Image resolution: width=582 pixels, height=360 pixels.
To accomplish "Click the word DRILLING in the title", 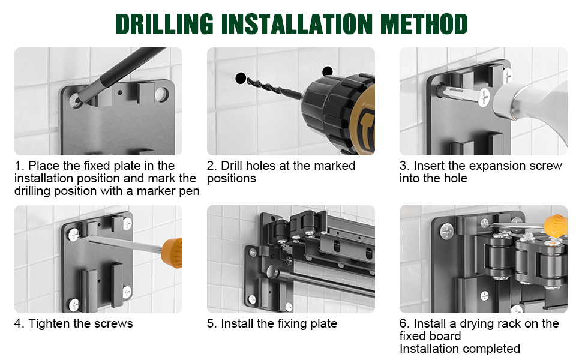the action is pos(164,24).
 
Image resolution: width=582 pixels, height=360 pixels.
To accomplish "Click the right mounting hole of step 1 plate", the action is pos(161,94).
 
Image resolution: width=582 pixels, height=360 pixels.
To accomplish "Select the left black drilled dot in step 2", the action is pos(241,78).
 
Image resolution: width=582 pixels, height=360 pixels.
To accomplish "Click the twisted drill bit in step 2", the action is pos(275,88).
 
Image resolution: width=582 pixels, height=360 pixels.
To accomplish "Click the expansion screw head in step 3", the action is pos(484,98).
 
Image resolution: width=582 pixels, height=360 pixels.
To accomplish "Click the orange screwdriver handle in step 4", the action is pos(173,253).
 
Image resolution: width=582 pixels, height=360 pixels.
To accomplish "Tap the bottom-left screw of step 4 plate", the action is pos(74,304).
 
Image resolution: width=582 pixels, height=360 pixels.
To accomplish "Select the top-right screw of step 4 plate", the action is pos(127,224).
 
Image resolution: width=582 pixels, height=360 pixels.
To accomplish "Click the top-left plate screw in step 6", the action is pos(447,231).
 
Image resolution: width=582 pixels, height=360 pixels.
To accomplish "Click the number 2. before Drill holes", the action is pos(212,166).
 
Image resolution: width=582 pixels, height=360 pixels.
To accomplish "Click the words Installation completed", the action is pos(460,349).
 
